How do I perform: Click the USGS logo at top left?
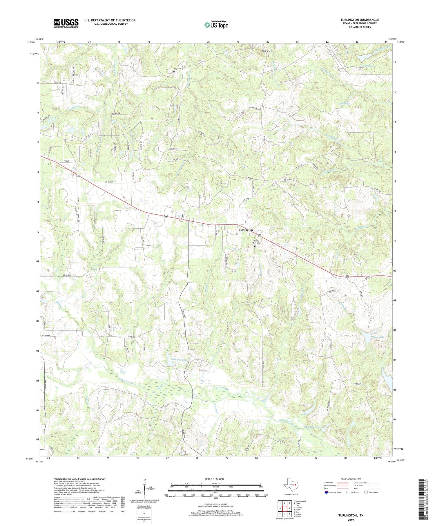66,23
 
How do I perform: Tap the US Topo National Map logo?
216,25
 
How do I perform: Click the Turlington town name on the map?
246,230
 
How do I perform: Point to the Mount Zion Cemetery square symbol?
255,246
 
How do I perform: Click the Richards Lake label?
179,360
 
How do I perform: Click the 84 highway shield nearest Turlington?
260,235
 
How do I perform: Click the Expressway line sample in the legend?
343,483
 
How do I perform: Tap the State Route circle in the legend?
366,492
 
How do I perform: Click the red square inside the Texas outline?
296,485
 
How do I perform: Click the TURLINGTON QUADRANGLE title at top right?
359,20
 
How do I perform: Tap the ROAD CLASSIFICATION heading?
351,479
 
